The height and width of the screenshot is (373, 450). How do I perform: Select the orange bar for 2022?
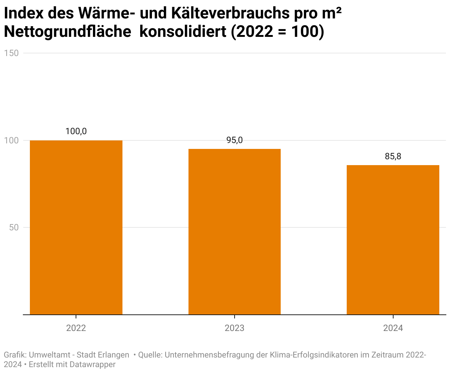(x=76, y=227)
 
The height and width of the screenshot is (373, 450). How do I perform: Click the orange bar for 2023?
(x=235, y=231)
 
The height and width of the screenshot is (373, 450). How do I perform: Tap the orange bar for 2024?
(x=393, y=240)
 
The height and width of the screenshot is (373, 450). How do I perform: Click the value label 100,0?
(x=76, y=131)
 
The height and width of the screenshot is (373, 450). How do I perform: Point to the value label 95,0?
(x=235, y=140)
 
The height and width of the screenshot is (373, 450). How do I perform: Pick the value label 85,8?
(x=393, y=156)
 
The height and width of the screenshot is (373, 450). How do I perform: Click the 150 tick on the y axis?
(x=11, y=53)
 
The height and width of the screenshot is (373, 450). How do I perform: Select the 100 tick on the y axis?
(x=11, y=140)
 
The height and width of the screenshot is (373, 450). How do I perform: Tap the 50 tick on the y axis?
(x=14, y=227)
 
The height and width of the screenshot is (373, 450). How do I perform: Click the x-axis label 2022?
(x=76, y=328)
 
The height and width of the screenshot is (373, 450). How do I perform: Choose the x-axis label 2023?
(x=235, y=328)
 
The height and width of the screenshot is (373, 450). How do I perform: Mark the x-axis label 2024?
(x=393, y=328)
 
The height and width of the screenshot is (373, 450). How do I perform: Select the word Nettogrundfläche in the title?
(x=67, y=32)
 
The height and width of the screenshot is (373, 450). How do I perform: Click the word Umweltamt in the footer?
(x=49, y=355)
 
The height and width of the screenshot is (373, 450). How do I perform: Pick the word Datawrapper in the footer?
(x=93, y=365)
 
